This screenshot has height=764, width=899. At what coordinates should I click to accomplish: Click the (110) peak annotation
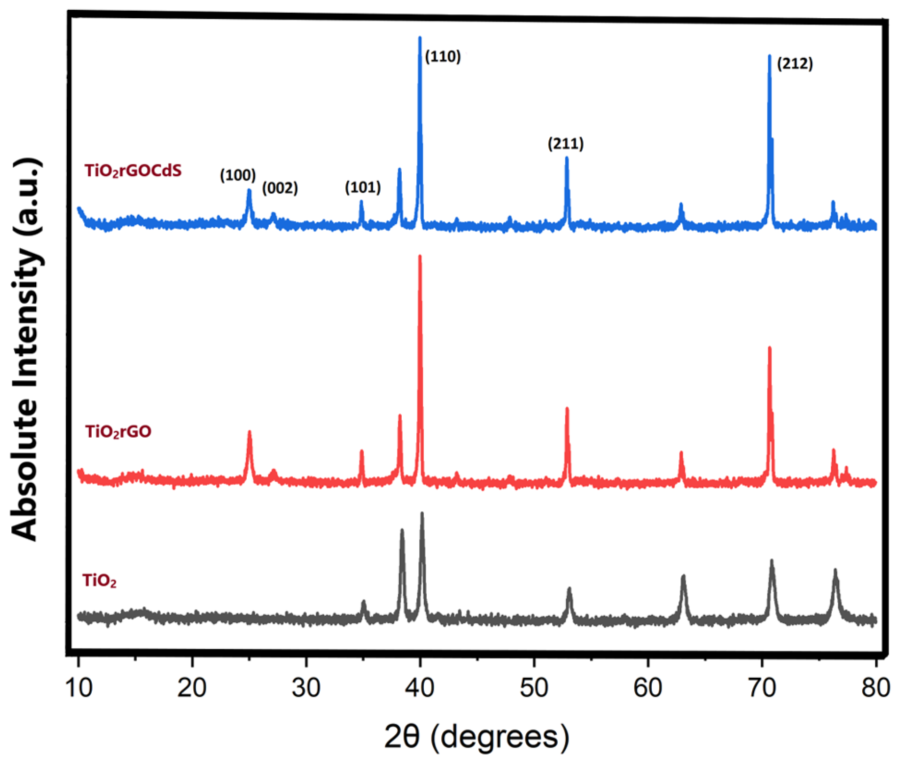point(442,57)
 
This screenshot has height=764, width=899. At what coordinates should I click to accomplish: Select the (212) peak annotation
point(795,64)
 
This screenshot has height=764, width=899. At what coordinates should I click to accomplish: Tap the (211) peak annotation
point(565,144)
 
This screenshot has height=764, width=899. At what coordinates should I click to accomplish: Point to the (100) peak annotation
point(238,175)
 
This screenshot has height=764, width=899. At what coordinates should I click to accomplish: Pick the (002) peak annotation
point(280,188)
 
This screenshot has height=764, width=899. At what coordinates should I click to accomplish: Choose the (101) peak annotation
point(363,187)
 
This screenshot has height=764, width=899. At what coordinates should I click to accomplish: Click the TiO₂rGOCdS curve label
point(133,171)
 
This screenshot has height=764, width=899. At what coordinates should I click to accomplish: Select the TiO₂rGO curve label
point(118,432)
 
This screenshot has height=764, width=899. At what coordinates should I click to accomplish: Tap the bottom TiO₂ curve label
point(100,580)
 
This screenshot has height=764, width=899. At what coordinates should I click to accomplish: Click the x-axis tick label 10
point(78,688)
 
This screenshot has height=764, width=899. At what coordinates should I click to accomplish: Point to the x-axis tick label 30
point(306,688)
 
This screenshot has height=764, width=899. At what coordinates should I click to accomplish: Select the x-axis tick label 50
point(534,688)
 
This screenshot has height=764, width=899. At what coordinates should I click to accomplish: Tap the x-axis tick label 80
point(875,688)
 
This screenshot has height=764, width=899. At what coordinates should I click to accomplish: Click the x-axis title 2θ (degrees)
point(477,737)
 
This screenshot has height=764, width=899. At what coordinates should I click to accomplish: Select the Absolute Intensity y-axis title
point(25,349)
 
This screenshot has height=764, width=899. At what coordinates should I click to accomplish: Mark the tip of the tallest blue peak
point(420,37)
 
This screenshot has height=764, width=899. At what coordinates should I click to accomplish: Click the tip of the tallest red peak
point(420,256)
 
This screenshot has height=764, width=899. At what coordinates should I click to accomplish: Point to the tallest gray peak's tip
point(422,513)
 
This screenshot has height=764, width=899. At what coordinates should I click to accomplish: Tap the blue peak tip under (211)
point(566,158)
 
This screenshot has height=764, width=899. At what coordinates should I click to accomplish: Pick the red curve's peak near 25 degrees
point(249,432)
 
